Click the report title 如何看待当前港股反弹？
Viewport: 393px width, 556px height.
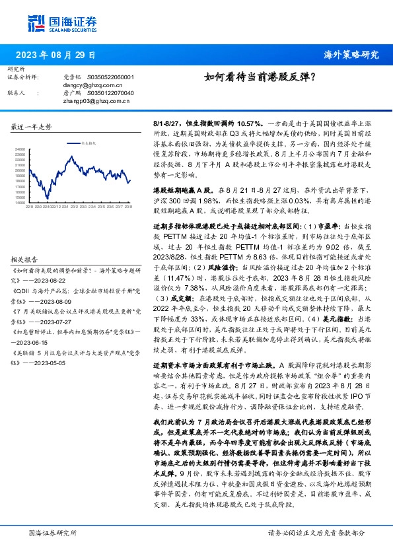coord(259,77)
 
